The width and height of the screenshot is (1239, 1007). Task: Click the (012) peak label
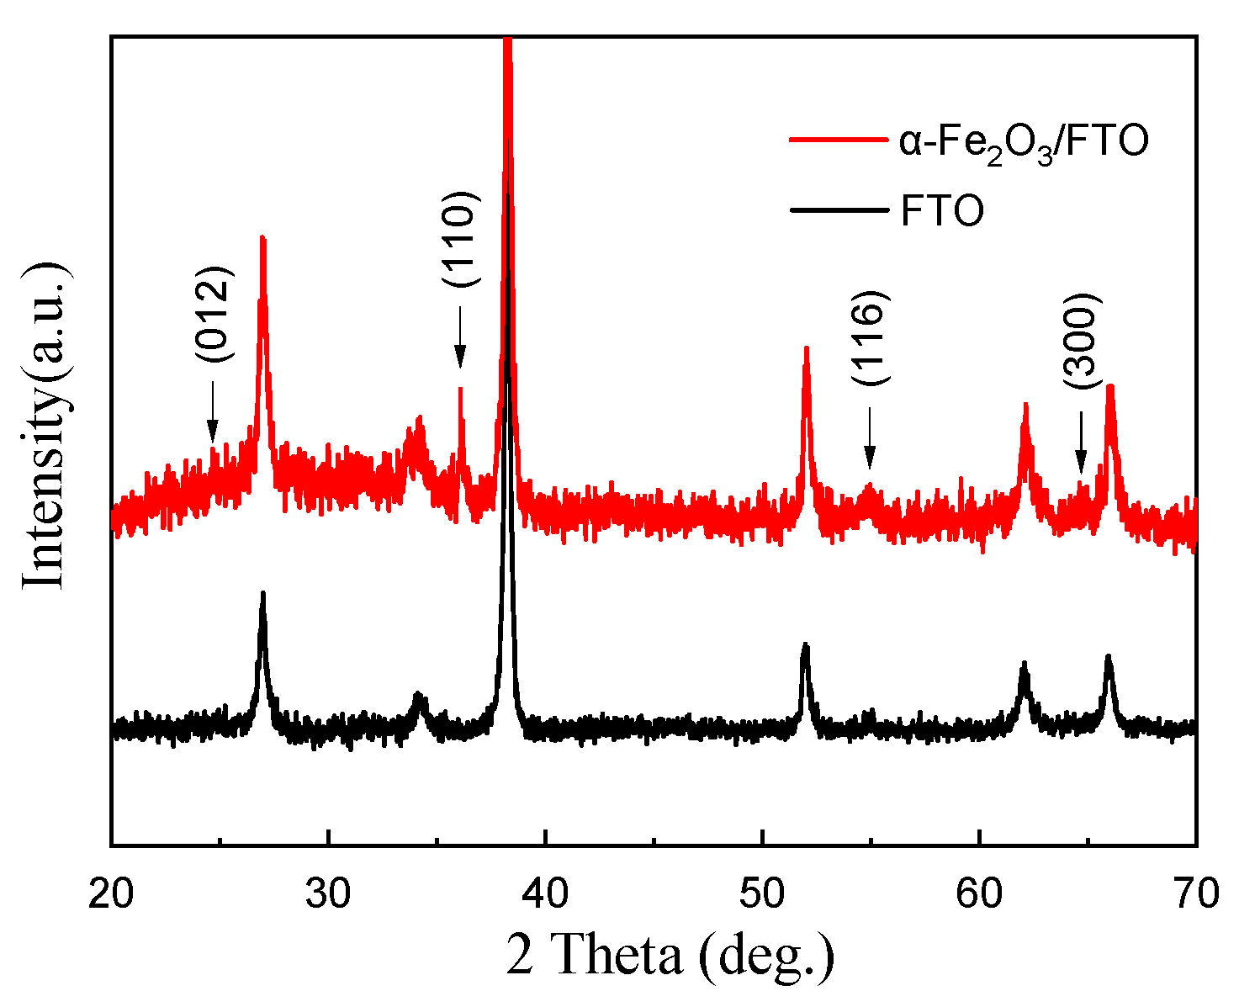[x=213, y=314]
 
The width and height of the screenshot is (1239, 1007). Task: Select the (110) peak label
[x=460, y=240]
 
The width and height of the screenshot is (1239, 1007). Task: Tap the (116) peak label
[x=870, y=338]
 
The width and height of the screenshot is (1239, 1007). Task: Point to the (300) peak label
[x=1081, y=341]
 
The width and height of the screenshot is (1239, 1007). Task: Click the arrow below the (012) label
[x=213, y=411]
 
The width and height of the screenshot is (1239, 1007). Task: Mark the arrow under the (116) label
[x=870, y=438]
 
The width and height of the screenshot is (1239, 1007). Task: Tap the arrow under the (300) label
[x=1081, y=443]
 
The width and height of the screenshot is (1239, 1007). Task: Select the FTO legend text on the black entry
[x=942, y=211]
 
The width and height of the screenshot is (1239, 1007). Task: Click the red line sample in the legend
[x=838, y=140]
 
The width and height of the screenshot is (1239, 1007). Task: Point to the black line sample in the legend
[x=838, y=209]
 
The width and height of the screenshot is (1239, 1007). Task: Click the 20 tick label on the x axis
[x=111, y=893]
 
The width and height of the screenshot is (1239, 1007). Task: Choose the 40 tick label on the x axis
[x=545, y=893]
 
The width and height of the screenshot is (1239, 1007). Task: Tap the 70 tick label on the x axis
[x=1194, y=893]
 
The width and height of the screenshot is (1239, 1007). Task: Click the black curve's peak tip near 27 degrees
[x=263, y=593]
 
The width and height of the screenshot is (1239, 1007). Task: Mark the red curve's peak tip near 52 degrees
[x=806, y=347]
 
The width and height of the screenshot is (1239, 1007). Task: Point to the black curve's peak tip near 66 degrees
[x=1109, y=656]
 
